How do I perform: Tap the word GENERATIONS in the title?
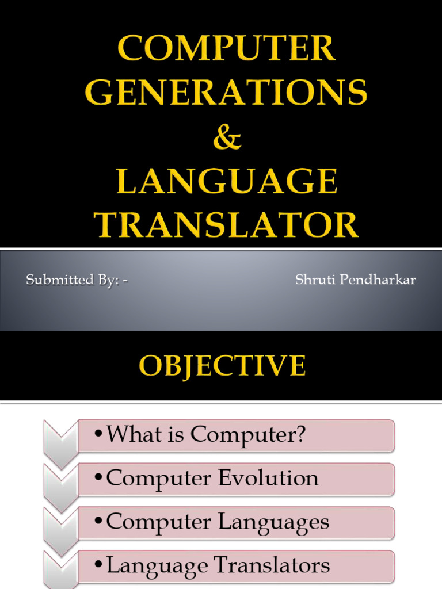tap(226, 93)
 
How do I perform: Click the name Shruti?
tap(314, 281)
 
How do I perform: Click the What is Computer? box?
tap(236, 435)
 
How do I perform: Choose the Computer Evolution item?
tap(236, 479)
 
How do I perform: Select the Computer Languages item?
tap(236, 522)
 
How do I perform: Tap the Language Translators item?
tap(236, 565)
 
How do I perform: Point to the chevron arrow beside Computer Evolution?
tap(60, 487)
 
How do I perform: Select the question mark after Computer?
tap(298, 435)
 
